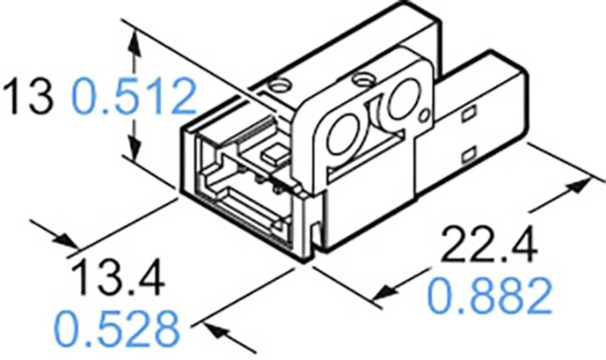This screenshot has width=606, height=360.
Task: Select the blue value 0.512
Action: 135,98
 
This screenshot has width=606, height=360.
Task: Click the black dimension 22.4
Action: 488,245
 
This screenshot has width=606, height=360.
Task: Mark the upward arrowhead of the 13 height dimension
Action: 135,39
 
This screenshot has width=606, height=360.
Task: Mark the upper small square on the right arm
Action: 468,114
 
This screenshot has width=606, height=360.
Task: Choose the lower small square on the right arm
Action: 467,156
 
